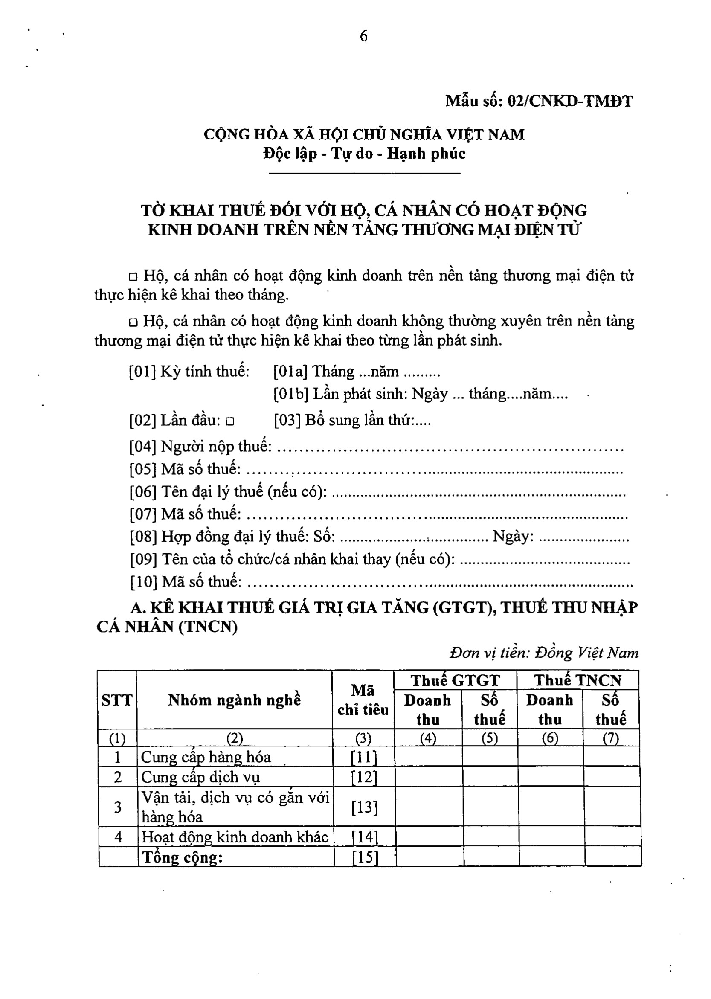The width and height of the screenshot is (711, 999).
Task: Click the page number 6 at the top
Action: pos(363,36)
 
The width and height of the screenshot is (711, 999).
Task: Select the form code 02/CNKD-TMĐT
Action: pos(569,102)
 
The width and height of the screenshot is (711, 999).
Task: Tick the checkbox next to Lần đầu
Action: pos(230,421)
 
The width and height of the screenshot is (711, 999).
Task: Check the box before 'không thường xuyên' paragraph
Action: pos(133,322)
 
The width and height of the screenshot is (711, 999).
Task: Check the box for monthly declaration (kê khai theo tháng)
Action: pos(133,277)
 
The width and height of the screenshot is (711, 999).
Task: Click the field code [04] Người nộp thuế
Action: pos(143,447)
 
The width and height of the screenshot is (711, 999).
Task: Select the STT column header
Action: pos(116,700)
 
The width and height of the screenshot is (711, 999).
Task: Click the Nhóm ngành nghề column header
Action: pos(234,700)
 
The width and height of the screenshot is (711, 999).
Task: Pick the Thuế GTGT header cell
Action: pos(455,680)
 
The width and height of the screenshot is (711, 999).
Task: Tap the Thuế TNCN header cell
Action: pos(578,680)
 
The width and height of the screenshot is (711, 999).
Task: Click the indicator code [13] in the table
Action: pos(364,807)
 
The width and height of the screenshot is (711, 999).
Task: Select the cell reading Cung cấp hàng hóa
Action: pos(206,757)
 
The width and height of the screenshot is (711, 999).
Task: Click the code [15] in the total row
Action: pos(365,857)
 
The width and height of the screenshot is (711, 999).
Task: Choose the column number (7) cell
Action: pos(611,738)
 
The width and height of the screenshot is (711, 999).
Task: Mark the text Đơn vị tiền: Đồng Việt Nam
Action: pos(544,653)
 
